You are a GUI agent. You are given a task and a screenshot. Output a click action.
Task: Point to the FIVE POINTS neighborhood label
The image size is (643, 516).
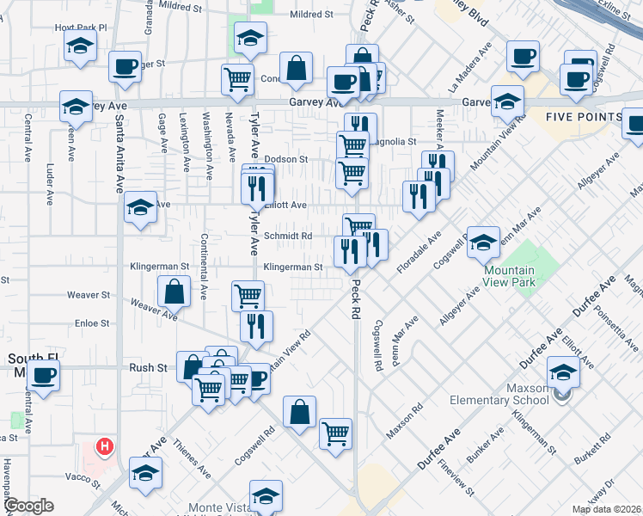click(584, 117)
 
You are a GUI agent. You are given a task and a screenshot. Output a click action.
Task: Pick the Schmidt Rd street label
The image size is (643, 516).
click(287, 236)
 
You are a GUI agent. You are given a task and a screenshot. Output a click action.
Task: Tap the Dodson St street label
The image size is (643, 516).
click(286, 159)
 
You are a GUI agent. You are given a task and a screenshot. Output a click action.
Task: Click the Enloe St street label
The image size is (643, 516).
click(93, 323)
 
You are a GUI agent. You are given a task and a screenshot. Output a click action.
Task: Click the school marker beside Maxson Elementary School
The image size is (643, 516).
click(563, 373)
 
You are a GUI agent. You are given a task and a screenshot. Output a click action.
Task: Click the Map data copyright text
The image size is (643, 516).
click(606, 509)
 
